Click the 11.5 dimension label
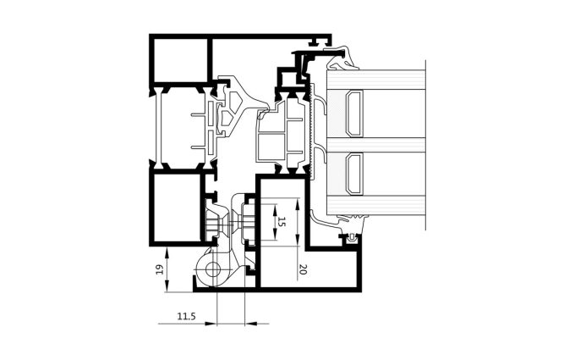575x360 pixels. pos(187,316)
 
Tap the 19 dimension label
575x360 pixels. pos(160,270)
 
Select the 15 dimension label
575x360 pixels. pos(282,222)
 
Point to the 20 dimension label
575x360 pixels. pos(303,269)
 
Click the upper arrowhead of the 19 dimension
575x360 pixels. pos(167,252)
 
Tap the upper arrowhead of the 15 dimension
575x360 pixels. pos(274,210)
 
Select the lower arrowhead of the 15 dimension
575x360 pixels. pos(274,234)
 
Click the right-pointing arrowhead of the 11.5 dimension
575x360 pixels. pos(211,324)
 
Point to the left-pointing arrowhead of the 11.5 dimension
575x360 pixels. pos(250,324)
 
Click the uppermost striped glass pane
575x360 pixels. pos(375,80)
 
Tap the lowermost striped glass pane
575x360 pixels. pos(375,205)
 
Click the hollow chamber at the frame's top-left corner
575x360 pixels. pos(180,61)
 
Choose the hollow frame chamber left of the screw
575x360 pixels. pos(177,208)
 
